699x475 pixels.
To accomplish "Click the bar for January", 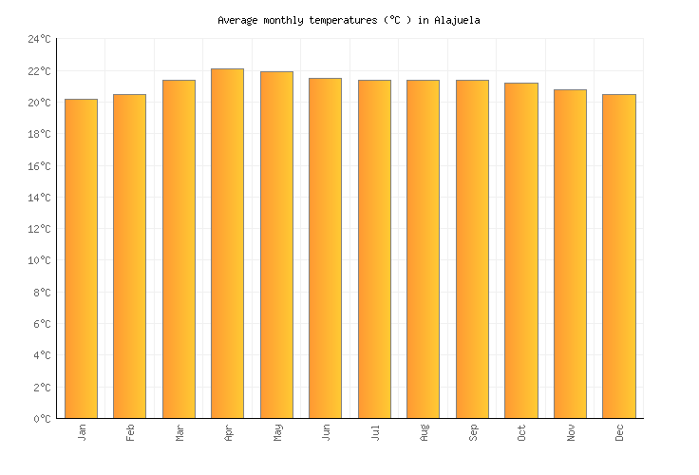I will point(81,258).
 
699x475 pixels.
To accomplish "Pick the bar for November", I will point(570,254).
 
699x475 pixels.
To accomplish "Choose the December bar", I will point(619,256).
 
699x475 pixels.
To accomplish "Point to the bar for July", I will point(374,249).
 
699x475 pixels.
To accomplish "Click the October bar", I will point(521,251).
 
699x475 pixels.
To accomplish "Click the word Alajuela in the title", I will point(457,20).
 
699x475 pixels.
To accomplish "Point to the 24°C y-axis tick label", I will point(39,40).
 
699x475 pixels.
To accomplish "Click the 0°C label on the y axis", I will point(42,419).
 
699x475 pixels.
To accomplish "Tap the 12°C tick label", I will point(39,229).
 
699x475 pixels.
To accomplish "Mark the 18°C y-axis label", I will point(39,134).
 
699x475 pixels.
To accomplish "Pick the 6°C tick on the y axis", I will point(42,324).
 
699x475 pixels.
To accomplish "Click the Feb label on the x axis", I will point(130,433).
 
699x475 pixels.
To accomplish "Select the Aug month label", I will point(424,433).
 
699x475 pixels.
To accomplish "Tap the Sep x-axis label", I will point(473,433).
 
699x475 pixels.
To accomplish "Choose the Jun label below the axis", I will point(326,433).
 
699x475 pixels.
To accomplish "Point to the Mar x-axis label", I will point(179,433).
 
